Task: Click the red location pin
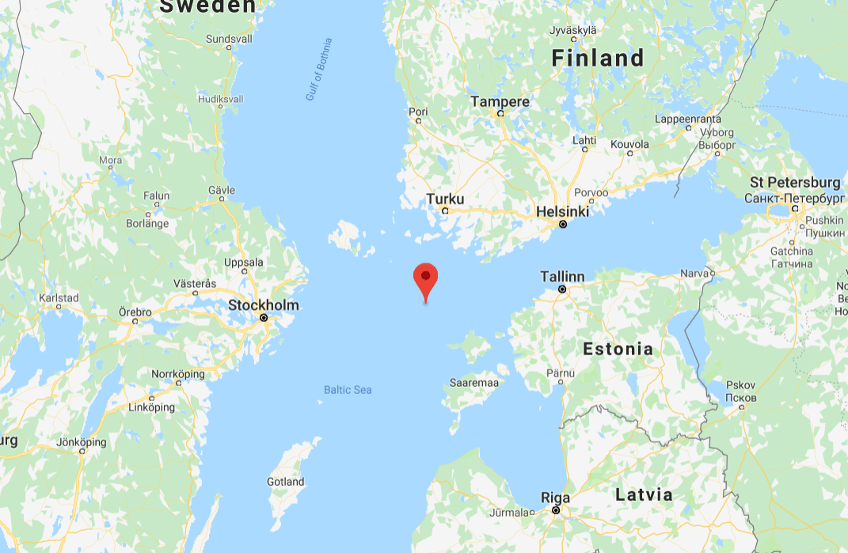[x=426, y=279]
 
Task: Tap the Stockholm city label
[x=264, y=305]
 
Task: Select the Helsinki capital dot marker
[x=563, y=225]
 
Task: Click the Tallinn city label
[x=562, y=277]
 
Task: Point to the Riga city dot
[x=557, y=511]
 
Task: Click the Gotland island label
[x=285, y=481]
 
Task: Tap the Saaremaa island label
[x=473, y=383]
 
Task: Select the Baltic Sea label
[x=348, y=390]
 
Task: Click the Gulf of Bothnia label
[x=319, y=70]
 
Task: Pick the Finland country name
[x=598, y=58]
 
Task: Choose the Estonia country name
[x=618, y=349]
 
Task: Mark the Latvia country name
[x=644, y=495]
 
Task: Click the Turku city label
[x=445, y=199]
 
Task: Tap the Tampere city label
[x=500, y=102]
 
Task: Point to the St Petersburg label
[x=795, y=183]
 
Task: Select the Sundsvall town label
[x=229, y=38]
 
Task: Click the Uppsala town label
[x=244, y=262]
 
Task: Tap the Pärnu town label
[x=561, y=373]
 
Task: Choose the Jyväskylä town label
[x=572, y=30]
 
